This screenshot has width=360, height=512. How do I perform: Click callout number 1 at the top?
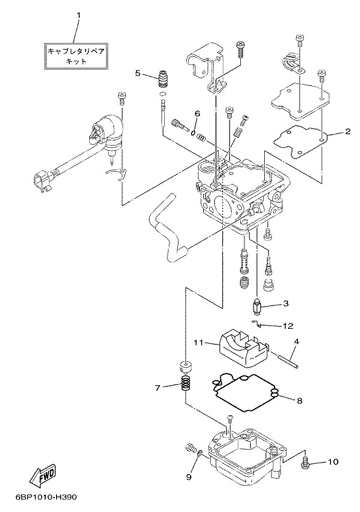coord(77,13)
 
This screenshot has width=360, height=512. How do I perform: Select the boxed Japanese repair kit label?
coord(76,56)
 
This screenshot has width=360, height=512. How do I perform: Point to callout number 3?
coord(286,303)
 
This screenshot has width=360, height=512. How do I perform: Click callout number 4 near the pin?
coord(296,342)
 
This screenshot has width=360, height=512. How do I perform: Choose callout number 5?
coord(137,73)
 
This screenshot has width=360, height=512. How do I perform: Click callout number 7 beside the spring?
coord(158,388)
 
